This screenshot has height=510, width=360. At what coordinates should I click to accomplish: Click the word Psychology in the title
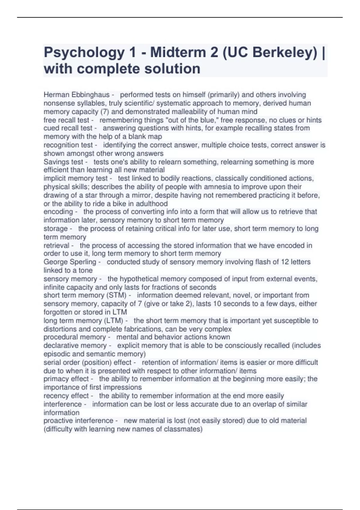point(84,53)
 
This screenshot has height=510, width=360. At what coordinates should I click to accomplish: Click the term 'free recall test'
point(66,120)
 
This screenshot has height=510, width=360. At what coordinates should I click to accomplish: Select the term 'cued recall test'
point(68,128)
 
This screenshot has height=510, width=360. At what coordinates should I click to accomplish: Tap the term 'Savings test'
point(63,162)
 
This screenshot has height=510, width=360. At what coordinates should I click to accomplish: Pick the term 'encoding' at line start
point(58,212)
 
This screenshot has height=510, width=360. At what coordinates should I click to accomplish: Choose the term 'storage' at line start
point(55,229)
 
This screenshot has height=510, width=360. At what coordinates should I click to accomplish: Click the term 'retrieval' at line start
point(56,245)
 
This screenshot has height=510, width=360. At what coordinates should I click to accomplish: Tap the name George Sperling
point(70,262)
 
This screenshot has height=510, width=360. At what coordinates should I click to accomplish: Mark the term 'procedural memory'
point(75,337)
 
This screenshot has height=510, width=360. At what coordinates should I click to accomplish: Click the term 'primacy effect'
point(66,379)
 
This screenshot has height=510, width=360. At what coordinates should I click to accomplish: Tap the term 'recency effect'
point(66,396)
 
